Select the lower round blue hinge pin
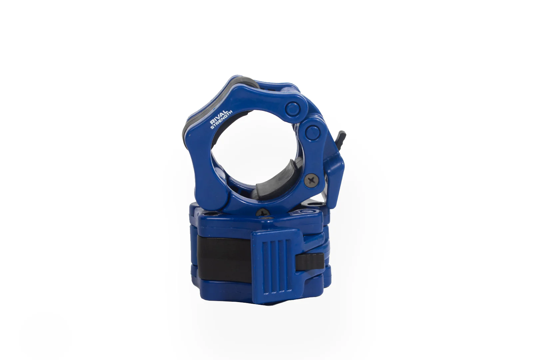click(x=312, y=131)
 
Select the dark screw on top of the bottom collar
click(x=264, y=211)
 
